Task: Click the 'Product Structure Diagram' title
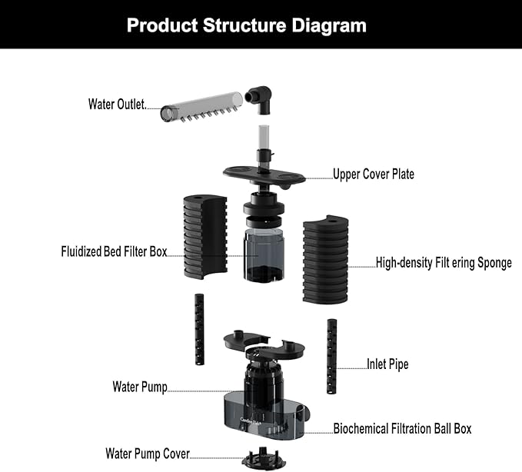click(246, 25)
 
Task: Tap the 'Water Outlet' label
click(116, 105)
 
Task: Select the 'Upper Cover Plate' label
click(373, 175)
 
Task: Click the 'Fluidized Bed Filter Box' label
click(113, 251)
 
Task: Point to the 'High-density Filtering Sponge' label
click(444, 263)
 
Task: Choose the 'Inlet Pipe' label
click(387, 364)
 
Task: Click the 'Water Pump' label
click(140, 386)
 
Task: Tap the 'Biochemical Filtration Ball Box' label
click(402, 428)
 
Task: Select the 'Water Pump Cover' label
click(148, 454)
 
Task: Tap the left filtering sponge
click(205, 236)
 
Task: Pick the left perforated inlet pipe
click(199, 329)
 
